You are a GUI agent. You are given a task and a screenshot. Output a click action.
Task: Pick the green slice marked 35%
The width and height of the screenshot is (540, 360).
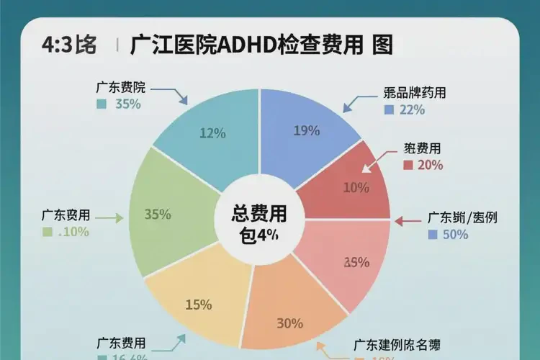pyautogui.click(x=162, y=214)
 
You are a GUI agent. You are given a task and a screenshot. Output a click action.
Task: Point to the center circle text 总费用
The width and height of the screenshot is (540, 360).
pyautogui.click(x=258, y=214)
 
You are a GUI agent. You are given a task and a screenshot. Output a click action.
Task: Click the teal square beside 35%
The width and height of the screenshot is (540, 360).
pyautogui.click(x=101, y=104)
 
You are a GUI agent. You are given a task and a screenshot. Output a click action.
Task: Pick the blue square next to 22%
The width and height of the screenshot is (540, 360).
pyautogui.click(x=389, y=110)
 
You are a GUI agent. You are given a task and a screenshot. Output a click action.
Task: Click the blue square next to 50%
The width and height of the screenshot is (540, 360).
pyautogui.click(x=433, y=235)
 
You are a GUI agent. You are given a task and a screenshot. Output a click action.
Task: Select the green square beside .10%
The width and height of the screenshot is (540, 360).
pyautogui.click(x=48, y=232)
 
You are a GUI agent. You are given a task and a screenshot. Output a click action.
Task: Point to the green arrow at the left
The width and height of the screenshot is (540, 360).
pyautogui.click(x=109, y=216)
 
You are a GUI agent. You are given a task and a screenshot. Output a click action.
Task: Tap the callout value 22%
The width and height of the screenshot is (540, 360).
pyautogui.click(x=412, y=110)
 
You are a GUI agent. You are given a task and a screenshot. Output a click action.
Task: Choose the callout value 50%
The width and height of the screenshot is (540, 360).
pyautogui.click(x=456, y=235)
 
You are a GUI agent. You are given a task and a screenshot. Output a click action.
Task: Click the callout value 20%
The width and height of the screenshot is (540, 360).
pyautogui.click(x=430, y=165)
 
